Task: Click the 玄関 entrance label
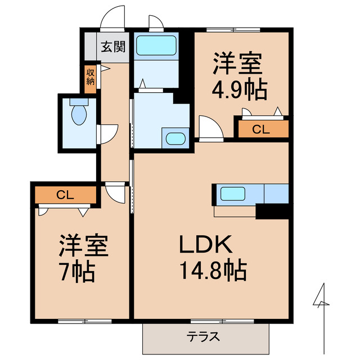113,47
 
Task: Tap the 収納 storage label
91,76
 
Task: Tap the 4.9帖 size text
240,90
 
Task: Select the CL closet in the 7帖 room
65,195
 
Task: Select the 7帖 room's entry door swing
116,193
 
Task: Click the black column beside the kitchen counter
272,212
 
